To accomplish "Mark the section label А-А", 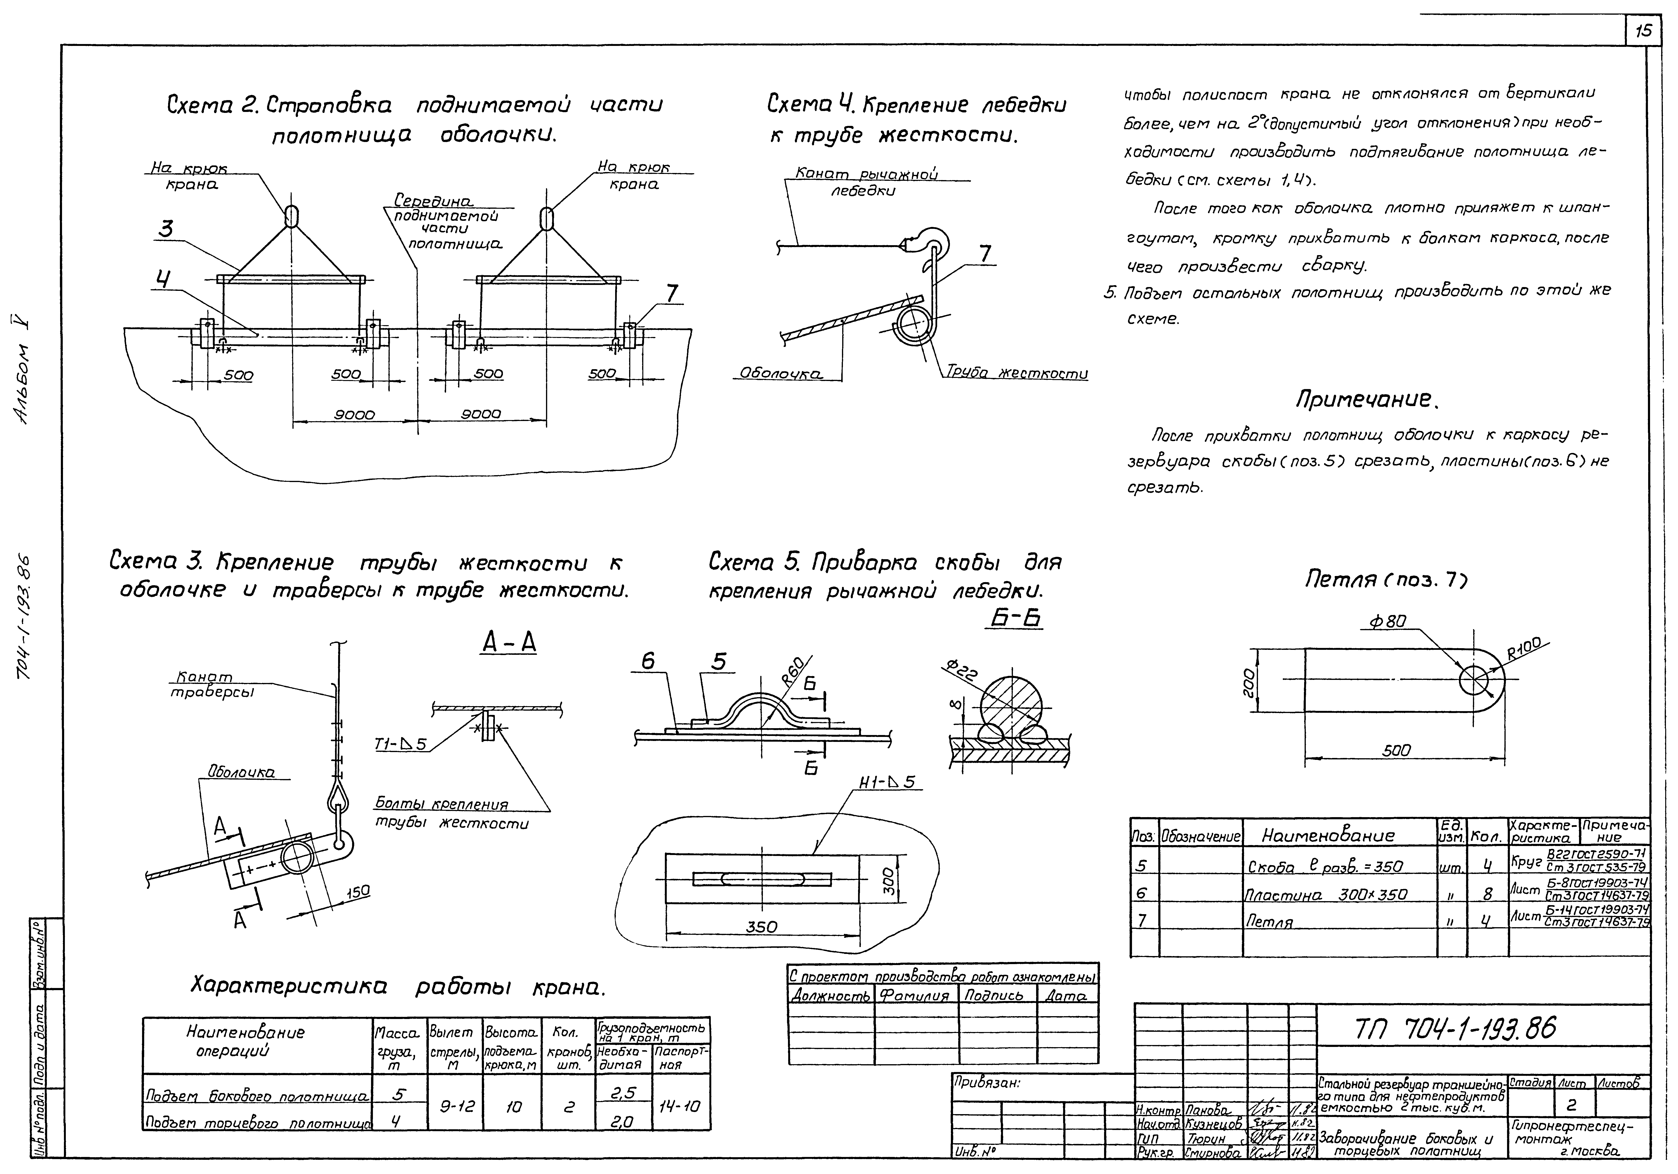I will [509, 643].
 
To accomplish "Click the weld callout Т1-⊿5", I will [400, 744].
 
